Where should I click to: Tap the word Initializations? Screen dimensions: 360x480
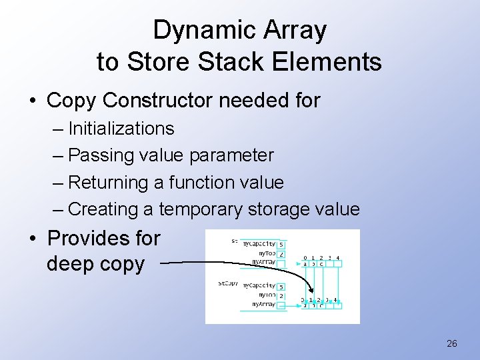[x=121, y=129]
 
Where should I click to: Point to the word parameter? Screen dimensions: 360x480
[x=232, y=155]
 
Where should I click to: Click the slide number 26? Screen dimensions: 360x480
[x=451, y=344]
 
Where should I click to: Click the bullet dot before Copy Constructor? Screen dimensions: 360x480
[x=33, y=101]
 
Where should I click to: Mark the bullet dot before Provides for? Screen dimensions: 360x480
[x=33, y=239]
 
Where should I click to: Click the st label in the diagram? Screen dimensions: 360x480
[x=234, y=241]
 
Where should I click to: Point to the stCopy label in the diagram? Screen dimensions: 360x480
[x=227, y=283]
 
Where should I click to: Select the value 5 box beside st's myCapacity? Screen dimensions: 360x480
[x=281, y=244]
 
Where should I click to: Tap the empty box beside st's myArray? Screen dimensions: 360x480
[x=281, y=263]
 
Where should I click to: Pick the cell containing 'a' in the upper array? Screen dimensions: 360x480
[x=305, y=264]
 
